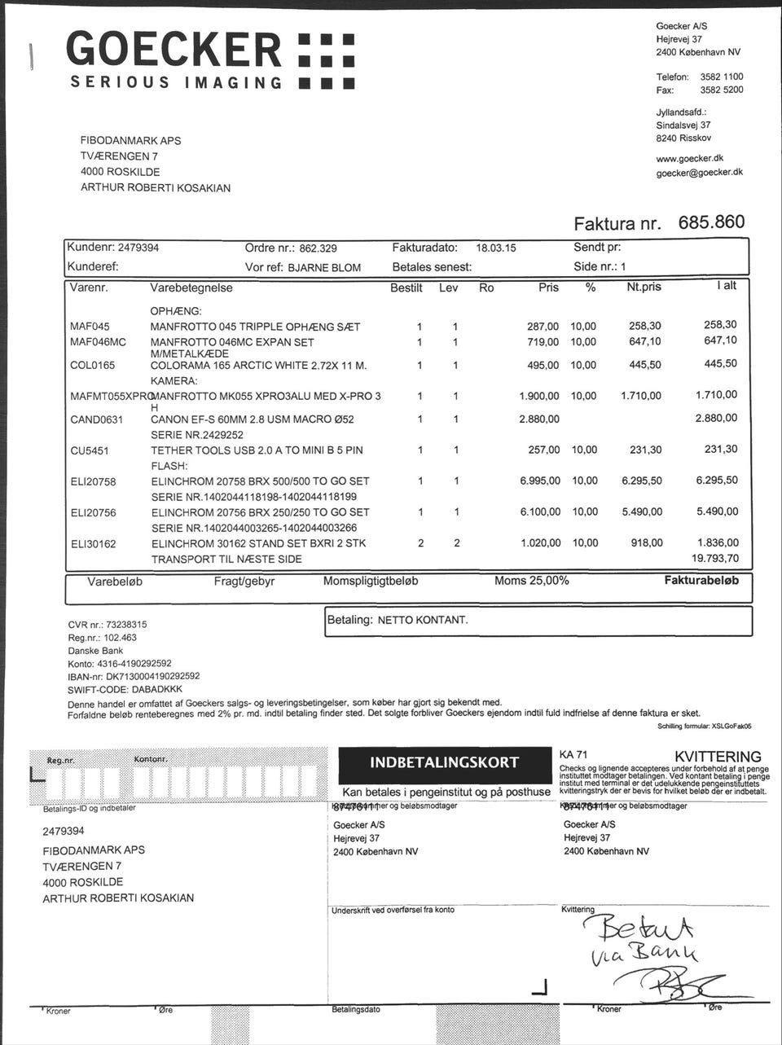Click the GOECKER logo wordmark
coord(174,49)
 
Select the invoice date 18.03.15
coord(496,248)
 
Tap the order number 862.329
coord(319,248)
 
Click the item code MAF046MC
coord(98,342)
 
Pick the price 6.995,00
coord(539,481)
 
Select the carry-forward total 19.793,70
coord(714,559)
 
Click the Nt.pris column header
coord(644,288)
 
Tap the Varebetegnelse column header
coord(191,288)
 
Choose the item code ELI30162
coord(94,543)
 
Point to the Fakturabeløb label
coord(701,581)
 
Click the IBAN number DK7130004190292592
coord(153,676)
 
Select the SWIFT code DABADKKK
coord(157,688)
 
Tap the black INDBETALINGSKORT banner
coord(444,762)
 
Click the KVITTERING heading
coord(717,757)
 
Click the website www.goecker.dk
coord(690,158)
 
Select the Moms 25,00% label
coord(531,581)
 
